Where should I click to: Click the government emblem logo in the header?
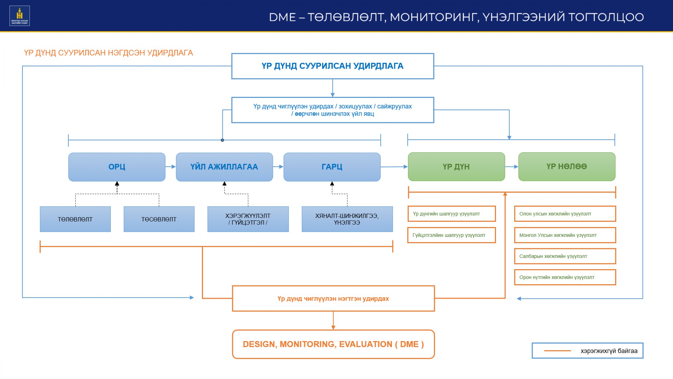[20, 16]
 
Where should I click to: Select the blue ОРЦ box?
[117, 167]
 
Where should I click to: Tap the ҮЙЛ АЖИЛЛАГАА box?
[224, 167]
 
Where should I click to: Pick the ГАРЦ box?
[332, 167]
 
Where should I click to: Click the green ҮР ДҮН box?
[456, 167]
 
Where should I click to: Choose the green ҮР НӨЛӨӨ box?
[567, 167]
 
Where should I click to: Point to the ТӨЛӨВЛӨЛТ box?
[75, 219]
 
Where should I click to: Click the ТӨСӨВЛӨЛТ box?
[159, 219]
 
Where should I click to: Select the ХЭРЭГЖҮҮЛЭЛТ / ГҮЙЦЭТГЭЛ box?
[248, 219]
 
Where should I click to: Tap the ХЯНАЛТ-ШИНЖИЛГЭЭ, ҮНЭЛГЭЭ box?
[347, 219]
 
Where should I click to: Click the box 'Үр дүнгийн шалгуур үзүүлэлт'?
[452, 214]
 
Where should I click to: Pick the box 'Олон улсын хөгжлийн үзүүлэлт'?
[565, 214]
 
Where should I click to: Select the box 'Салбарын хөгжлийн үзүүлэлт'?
[565, 256]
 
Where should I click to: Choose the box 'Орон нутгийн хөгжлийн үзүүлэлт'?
[565, 277]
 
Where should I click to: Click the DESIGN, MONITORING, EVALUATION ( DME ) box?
[333, 344]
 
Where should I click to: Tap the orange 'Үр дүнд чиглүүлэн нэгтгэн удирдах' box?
[333, 298]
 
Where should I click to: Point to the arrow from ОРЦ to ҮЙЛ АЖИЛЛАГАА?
[171, 167]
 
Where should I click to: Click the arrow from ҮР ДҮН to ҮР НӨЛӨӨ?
[511, 167]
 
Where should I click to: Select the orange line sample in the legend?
[558, 351]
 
